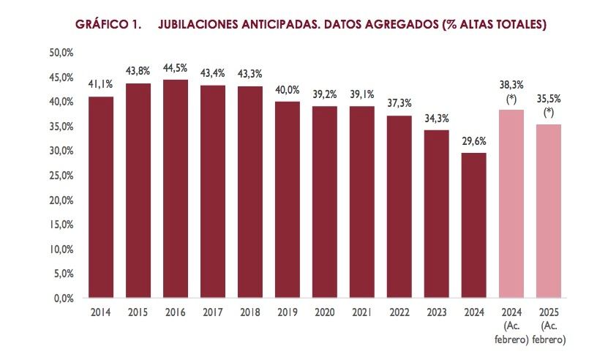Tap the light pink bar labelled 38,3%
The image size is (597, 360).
click(x=511, y=204)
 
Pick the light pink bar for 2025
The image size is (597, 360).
click(x=549, y=211)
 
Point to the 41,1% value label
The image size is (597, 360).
click(x=100, y=84)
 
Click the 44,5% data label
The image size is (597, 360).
click(x=176, y=68)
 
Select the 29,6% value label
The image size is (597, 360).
click(x=474, y=141)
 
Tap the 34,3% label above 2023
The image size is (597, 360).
click(x=437, y=119)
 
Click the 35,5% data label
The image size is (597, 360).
click(x=549, y=100)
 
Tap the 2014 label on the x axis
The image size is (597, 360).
click(x=101, y=312)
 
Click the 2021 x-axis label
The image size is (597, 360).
click(x=362, y=312)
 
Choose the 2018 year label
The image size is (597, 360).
click(x=250, y=312)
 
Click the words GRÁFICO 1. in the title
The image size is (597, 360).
click(x=108, y=25)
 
